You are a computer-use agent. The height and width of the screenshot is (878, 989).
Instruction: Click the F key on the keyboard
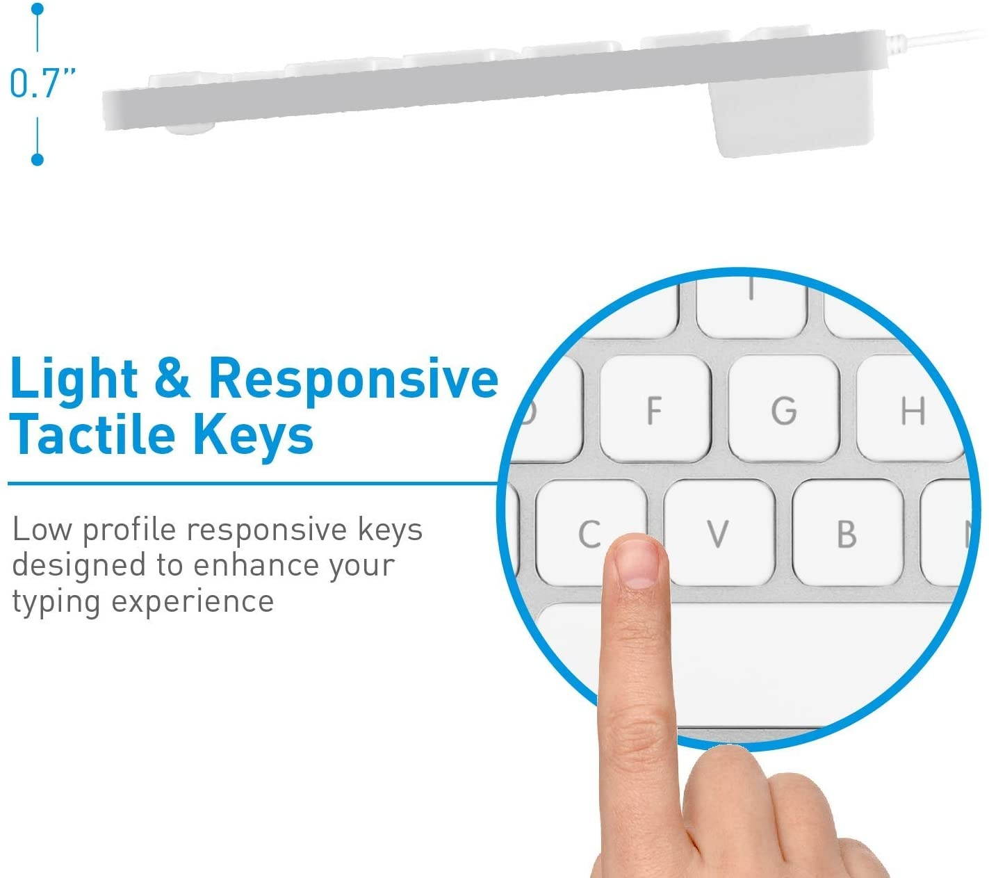[654, 409]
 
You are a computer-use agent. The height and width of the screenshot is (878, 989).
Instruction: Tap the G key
[783, 409]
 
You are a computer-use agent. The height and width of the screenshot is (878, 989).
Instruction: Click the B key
[847, 533]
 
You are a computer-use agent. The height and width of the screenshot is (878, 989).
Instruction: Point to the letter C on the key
[589, 534]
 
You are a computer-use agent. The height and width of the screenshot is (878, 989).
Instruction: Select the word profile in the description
[129, 530]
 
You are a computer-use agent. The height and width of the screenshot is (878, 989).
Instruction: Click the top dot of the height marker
[38, 9]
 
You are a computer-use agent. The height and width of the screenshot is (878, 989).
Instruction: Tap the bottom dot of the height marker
[38, 159]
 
